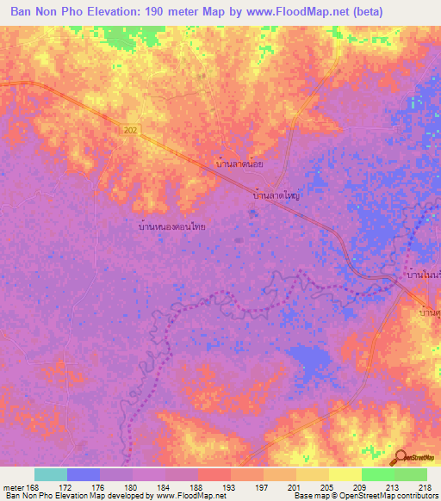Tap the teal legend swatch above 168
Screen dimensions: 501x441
(50, 474)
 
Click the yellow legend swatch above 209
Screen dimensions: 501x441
(345, 474)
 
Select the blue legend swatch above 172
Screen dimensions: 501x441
(83, 474)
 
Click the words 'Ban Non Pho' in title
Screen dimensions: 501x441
(45, 12)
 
